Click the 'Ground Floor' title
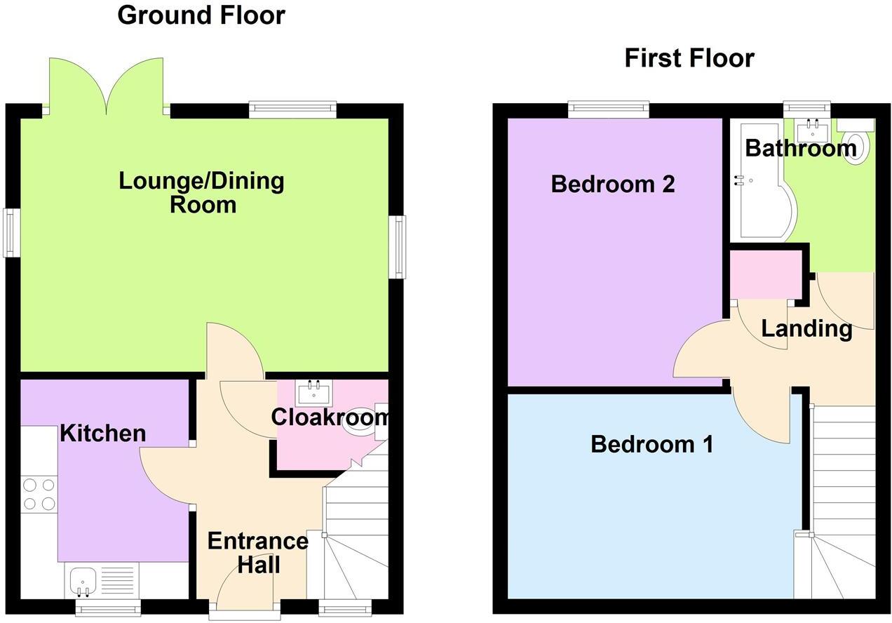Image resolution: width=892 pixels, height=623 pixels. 201,15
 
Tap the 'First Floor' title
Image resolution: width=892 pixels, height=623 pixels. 689,58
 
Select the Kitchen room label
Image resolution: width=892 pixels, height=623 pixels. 103,434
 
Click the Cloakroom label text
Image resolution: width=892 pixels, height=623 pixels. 330,417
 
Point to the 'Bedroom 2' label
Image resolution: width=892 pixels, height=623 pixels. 613,184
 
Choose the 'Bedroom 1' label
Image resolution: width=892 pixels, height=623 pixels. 651,444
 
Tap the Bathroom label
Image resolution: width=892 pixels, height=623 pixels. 800,148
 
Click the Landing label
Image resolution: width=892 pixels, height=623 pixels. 806,328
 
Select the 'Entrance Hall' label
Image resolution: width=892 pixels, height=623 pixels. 257,552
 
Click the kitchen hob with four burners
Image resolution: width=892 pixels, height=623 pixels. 40,493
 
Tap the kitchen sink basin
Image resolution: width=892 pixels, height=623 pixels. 83,581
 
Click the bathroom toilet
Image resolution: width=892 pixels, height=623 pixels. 856,145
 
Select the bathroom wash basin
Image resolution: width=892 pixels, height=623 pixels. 813,130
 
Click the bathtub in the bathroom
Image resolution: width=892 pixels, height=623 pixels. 757,182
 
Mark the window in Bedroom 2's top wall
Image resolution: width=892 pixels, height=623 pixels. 608,109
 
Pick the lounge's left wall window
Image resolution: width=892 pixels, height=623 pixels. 11,232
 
